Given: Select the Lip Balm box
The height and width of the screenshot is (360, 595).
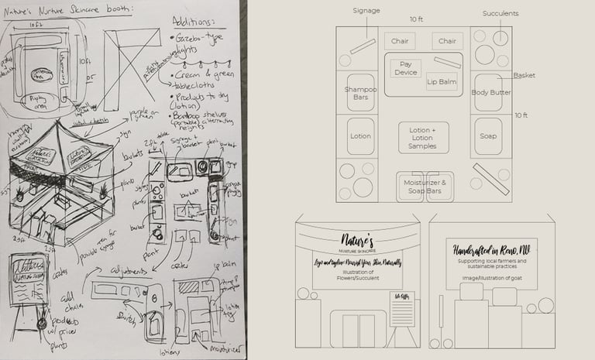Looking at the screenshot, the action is pyautogui.click(x=442, y=81).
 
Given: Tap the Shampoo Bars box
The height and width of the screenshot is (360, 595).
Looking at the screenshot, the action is pyautogui.click(x=360, y=94).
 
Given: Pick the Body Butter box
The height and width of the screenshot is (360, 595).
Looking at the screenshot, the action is pyautogui.click(x=490, y=93).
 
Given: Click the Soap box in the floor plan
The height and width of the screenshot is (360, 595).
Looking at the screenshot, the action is pyautogui.click(x=488, y=135).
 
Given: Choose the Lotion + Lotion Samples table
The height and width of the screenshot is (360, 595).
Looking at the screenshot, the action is pyautogui.click(x=423, y=137).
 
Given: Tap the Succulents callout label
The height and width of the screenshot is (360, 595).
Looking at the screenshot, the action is pyautogui.click(x=500, y=14).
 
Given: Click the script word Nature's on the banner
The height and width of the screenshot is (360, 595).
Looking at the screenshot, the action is pyautogui.click(x=357, y=237).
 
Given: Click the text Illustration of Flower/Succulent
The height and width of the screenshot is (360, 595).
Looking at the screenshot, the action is pyautogui.click(x=357, y=279).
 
